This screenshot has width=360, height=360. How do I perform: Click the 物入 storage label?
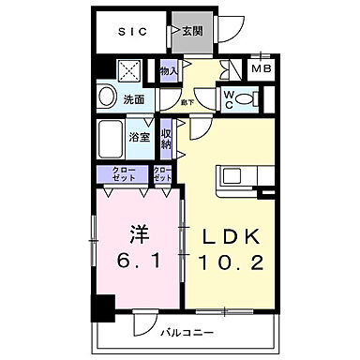pos(170,69)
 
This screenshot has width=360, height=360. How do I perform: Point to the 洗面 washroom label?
pos(134,98)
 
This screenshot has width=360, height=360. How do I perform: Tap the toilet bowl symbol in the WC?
pos(246,98)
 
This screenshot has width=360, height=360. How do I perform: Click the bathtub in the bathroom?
pos(112,140)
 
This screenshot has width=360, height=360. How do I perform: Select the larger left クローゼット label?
pos(123,172)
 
